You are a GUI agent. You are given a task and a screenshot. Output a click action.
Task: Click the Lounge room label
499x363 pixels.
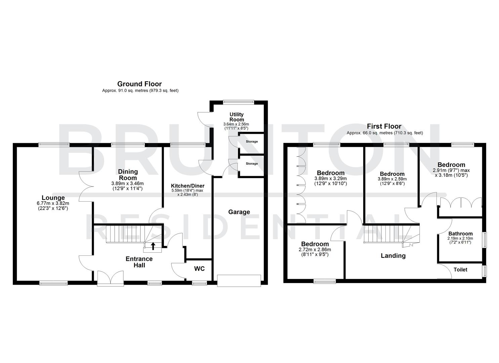[53, 198]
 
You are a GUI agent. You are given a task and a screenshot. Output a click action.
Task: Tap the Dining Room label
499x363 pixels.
[128, 175]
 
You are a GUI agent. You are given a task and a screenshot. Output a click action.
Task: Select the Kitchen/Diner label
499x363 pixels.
[188, 186]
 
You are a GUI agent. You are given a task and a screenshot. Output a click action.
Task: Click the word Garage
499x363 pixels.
[239, 212]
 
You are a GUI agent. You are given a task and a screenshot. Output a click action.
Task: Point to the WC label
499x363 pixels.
[199, 269]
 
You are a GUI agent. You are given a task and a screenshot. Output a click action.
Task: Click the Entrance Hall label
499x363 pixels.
[139, 262]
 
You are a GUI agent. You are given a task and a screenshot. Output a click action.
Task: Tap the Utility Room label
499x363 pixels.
[237, 117]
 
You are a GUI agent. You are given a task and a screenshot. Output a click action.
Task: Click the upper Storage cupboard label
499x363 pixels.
[252, 142]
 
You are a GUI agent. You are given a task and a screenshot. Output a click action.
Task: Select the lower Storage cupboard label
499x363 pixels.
[252, 164]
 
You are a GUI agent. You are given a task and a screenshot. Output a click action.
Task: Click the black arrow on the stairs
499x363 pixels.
[153, 246]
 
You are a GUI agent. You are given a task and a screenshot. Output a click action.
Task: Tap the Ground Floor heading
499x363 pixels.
[139, 84]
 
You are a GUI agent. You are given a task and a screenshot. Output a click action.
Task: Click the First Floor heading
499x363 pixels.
[384, 126]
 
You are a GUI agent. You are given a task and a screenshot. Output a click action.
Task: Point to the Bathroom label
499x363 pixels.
[460, 234]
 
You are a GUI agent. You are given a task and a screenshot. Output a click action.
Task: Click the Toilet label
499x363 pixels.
[460, 270]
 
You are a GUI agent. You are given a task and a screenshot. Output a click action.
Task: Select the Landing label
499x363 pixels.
[393, 256]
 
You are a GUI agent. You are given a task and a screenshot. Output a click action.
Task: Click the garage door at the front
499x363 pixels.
[239, 280]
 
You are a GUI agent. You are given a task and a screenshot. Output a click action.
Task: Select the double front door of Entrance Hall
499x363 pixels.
[110, 278]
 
